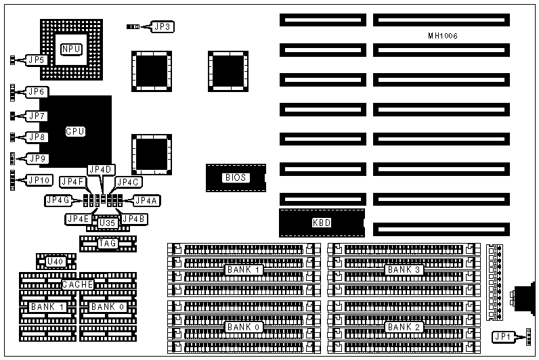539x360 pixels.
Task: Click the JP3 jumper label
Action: point(163,27)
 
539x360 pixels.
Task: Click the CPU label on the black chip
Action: point(75,131)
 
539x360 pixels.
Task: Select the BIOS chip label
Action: point(234,178)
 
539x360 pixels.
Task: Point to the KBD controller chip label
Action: point(322,222)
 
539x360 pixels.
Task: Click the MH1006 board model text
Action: point(443,35)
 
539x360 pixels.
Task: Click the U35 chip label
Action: point(107,223)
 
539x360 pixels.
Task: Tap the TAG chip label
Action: point(107,243)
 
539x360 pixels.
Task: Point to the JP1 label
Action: point(502,336)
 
